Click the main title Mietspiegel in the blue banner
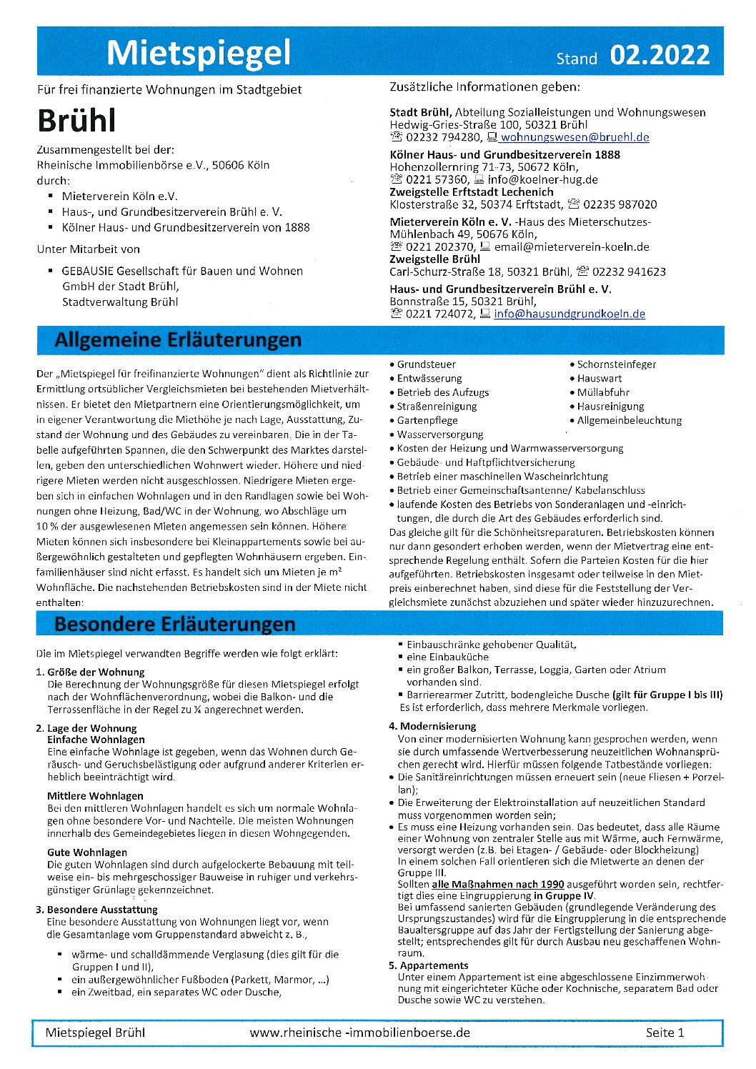[199, 52]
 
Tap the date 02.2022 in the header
[660, 55]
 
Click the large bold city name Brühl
[76, 121]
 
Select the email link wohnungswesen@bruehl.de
[575, 137]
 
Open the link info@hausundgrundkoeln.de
[569, 314]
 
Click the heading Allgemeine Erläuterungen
[178, 340]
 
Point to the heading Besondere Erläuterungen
[174, 624]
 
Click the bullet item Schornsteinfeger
[616, 364]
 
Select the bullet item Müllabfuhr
[603, 392]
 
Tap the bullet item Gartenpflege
[427, 420]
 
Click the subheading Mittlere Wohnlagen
[95, 795]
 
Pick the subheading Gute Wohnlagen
[87, 852]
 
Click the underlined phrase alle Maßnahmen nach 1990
[497, 884]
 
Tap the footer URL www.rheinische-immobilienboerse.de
[359, 1032]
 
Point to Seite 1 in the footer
[665, 1032]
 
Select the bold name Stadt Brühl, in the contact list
[421, 112]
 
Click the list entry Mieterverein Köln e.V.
[119, 196]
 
